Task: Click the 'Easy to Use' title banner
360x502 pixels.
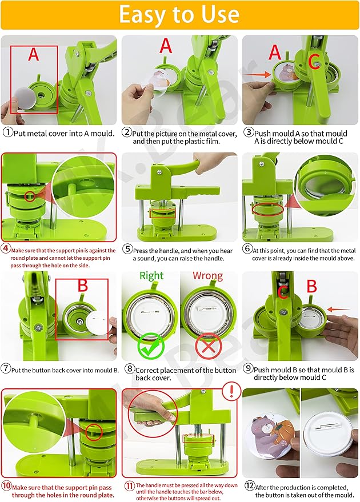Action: pos(179,15)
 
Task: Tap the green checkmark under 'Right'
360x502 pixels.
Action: pos(151,345)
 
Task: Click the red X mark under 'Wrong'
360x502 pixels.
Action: pos(207,345)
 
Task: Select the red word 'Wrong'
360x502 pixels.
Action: pos(207,276)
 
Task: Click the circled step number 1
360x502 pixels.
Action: pos(7,132)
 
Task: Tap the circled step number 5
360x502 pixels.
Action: pos(127,250)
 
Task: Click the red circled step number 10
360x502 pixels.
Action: pos(7,487)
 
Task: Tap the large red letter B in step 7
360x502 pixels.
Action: pos(82,285)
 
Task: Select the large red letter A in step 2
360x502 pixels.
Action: pos(165,46)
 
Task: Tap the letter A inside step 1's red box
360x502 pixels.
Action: pos(33,55)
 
